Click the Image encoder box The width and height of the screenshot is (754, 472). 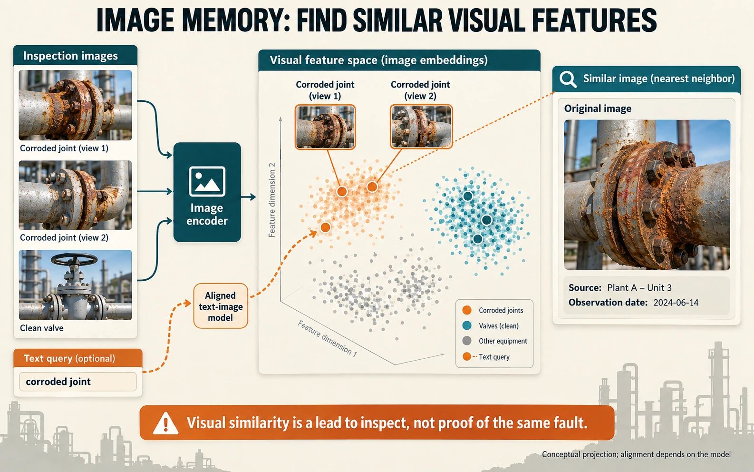[207, 192]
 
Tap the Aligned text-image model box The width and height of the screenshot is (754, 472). [221, 306]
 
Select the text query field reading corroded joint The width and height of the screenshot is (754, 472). [78, 382]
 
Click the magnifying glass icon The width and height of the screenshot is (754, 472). [568, 79]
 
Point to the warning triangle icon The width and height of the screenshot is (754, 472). [165, 423]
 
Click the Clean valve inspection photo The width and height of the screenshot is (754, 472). [76, 285]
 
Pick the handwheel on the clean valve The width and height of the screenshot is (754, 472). [74, 259]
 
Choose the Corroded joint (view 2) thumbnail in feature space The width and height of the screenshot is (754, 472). [421, 127]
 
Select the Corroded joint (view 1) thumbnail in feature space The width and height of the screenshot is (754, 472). [325, 127]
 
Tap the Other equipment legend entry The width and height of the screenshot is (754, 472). [495, 341]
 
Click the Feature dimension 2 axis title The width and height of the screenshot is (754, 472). [272, 200]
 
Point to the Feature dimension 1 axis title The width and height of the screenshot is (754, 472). [327, 338]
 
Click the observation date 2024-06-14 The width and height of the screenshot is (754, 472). [676, 303]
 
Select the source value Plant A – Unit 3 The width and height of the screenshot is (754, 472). [639, 288]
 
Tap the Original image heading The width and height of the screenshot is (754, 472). [598, 108]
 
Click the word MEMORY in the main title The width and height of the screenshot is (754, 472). [232, 20]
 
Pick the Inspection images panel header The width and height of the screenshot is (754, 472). [76, 55]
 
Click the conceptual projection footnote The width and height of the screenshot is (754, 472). [636, 454]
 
